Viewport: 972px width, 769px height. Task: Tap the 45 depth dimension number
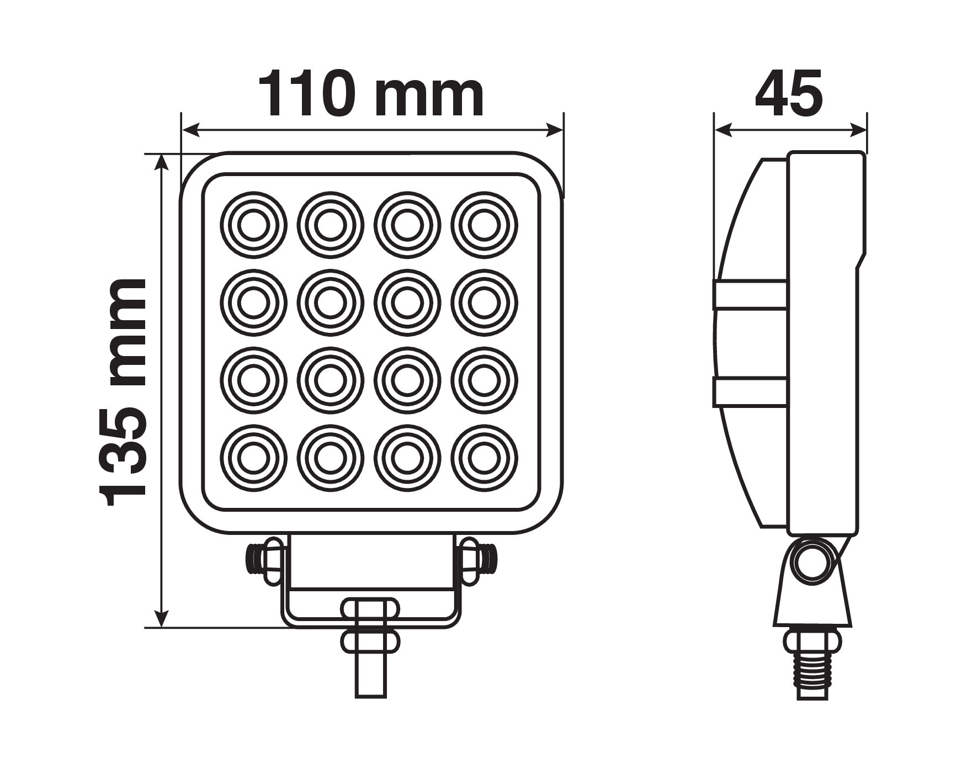(x=789, y=94)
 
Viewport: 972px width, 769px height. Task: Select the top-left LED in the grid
(x=254, y=225)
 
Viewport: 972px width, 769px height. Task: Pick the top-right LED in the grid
(x=485, y=225)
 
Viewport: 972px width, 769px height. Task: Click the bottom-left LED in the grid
(x=254, y=458)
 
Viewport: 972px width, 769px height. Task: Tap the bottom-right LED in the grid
(x=485, y=458)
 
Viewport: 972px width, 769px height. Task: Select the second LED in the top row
(x=331, y=225)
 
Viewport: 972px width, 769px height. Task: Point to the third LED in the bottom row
(x=407, y=458)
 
